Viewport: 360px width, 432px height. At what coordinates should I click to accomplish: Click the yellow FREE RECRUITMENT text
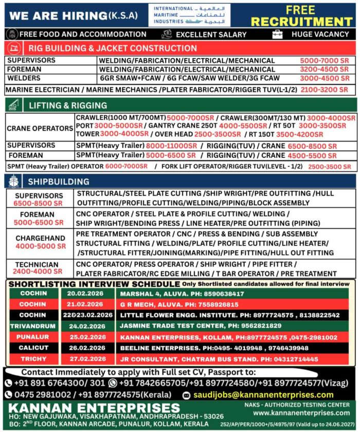coord(301,15)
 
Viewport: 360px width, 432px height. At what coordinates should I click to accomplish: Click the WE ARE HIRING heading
coord(73,15)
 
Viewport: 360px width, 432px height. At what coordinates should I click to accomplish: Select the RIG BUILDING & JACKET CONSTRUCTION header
coord(112,48)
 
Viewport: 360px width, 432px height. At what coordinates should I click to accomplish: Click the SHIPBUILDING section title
coord(58,182)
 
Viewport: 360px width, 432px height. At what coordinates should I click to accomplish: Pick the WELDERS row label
coord(24,78)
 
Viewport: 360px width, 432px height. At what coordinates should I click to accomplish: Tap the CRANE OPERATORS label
coord(40,128)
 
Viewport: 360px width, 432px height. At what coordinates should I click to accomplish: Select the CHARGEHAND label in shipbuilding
coord(40,239)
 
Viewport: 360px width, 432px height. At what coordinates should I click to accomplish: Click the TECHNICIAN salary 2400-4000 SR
coord(38,271)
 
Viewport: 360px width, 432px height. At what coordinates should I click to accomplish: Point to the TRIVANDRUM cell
coord(33,326)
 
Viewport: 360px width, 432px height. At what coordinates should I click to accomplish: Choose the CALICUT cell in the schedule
coord(33,348)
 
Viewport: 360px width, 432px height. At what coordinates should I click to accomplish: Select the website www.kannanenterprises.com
coord(301,412)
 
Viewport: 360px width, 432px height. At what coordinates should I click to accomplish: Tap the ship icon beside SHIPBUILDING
coord(14,181)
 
